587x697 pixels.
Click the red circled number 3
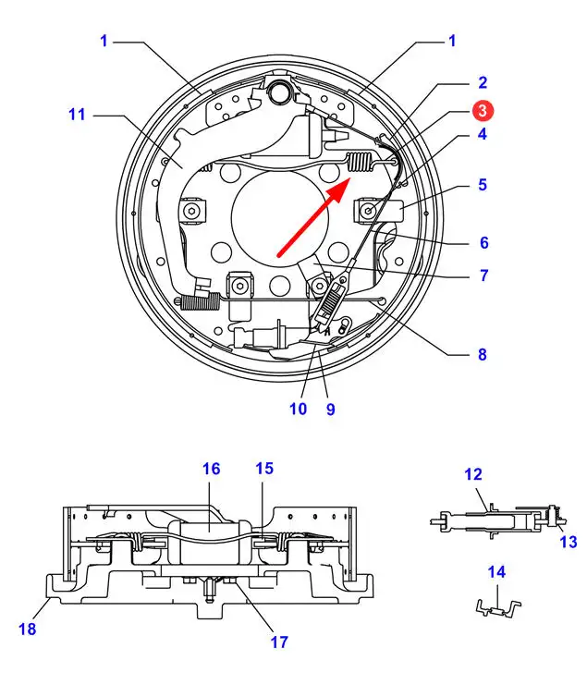(483, 110)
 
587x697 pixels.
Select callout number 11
(77, 115)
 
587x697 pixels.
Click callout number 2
(483, 82)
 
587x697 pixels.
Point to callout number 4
(483, 134)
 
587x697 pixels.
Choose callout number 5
(483, 185)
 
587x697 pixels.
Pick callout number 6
(483, 243)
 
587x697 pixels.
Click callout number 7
(483, 275)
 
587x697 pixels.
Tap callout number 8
(483, 355)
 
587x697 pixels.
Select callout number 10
(298, 409)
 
